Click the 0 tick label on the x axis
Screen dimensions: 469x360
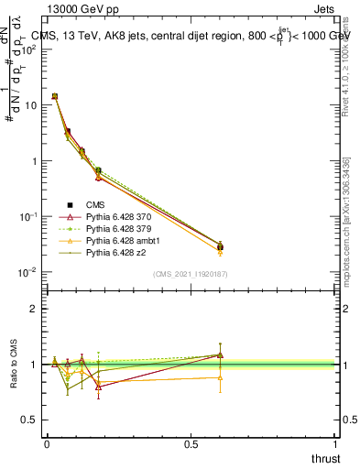tap(47, 443)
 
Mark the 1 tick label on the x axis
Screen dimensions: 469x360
tap(335, 443)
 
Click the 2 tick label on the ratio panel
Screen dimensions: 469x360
tap(35, 309)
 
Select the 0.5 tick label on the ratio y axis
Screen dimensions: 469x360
tap(31, 420)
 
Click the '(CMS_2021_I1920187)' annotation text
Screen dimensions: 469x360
tap(191, 273)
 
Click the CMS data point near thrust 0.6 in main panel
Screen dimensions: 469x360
tap(220, 246)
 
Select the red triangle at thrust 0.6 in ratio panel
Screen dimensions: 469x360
tap(220, 355)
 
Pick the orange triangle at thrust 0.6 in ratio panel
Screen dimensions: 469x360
tap(220, 377)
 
